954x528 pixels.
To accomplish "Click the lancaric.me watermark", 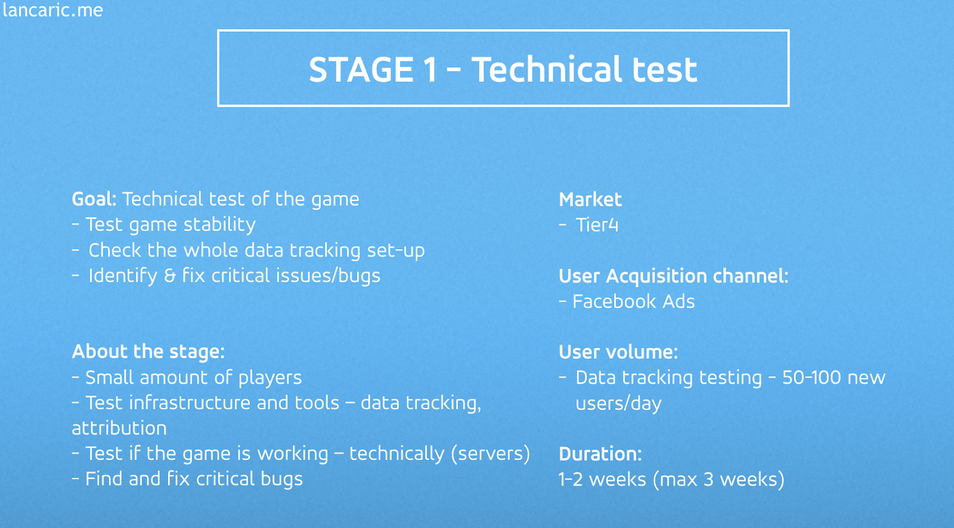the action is pyautogui.click(x=52, y=10).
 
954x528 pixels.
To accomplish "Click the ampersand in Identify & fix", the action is pyautogui.click(x=169, y=276).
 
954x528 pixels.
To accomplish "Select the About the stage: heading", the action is pyautogui.click(x=148, y=351).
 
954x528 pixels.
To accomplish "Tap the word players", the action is pyautogui.click(x=270, y=378).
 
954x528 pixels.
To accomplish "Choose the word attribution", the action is pyautogui.click(x=119, y=428).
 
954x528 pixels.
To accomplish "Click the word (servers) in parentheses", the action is pyautogui.click(x=491, y=454).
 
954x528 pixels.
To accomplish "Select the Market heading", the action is pyautogui.click(x=590, y=200).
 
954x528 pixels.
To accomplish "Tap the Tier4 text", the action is pyautogui.click(x=597, y=225).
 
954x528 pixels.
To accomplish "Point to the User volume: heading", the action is pyautogui.click(x=618, y=353).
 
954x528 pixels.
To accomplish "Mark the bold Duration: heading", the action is pyautogui.click(x=600, y=454).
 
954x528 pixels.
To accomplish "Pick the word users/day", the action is pyautogui.click(x=618, y=403).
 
